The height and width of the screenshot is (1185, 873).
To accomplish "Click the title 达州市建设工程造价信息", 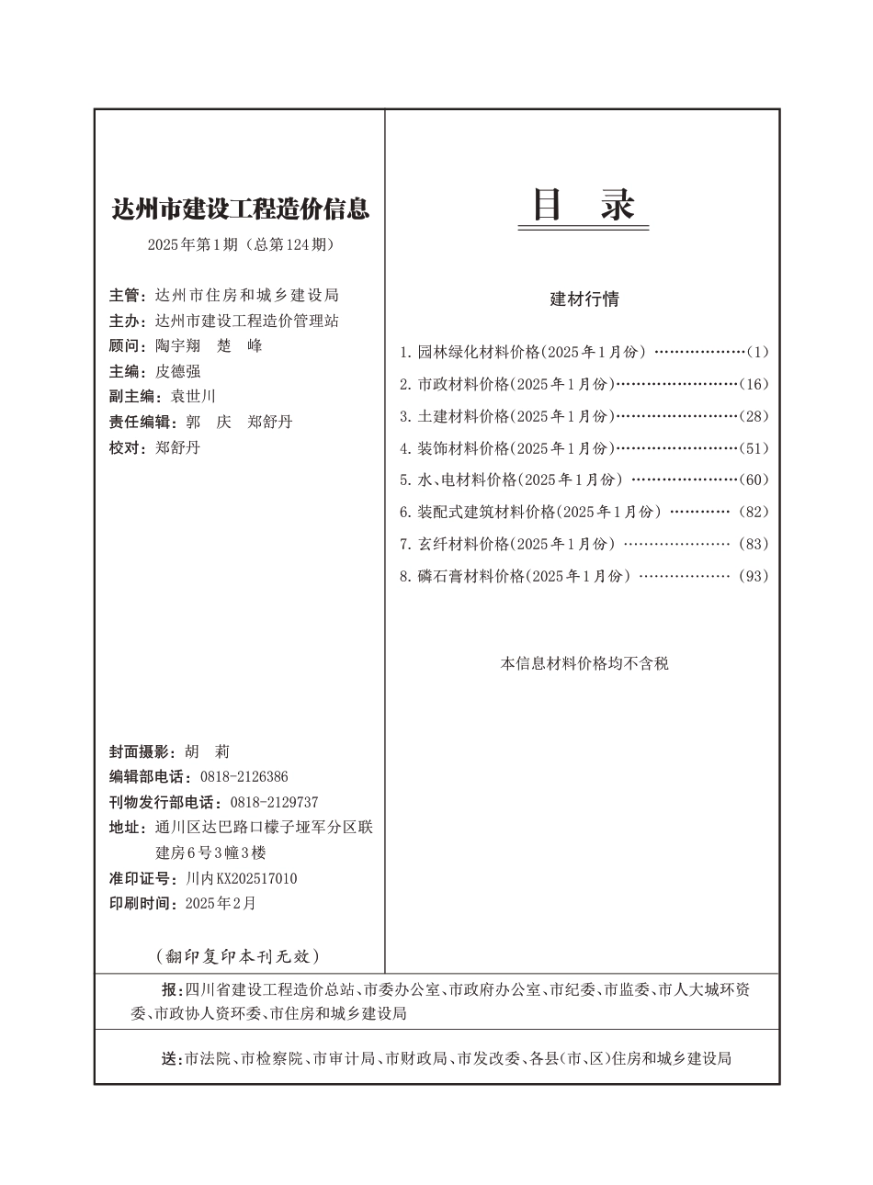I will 240,209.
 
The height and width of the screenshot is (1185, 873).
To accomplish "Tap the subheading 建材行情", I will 584,299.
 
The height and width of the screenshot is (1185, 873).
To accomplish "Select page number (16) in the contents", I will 754,384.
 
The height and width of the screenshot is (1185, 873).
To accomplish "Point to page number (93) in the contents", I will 754,577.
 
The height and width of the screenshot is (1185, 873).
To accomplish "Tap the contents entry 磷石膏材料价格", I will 471,577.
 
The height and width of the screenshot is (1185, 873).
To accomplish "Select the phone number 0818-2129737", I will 274,802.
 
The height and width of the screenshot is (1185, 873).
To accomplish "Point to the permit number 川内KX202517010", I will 241,879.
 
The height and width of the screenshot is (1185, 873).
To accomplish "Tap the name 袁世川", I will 193,397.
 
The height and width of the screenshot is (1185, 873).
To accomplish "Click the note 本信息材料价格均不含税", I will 584,663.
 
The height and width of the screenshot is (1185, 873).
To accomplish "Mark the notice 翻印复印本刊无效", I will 238,956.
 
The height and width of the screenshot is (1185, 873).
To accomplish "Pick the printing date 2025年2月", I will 221,904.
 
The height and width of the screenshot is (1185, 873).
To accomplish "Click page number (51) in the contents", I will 754,448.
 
